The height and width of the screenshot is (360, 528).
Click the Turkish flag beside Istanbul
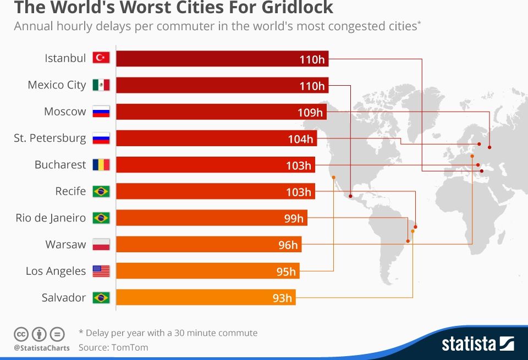(x=101, y=58)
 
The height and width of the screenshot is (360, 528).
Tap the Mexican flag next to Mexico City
(x=101, y=85)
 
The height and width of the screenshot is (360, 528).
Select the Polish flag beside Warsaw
(x=101, y=244)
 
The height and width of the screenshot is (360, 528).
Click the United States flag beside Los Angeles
(x=101, y=270)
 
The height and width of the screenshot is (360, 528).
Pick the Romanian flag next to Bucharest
(x=101, y=164)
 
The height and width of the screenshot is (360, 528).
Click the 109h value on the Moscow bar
(x=310, y=112)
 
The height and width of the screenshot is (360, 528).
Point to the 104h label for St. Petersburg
(x=300, y=139)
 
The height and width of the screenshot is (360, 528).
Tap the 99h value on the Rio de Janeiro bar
(x=294, y=218)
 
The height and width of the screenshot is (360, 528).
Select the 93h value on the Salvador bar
(x=282, y=298)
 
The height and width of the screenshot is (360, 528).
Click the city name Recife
(x=70, y=191)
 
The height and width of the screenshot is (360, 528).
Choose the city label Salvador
(x=64, y=297)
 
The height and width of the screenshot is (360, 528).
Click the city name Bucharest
(x=60, y=164)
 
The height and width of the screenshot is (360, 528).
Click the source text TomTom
(x=130, y=347)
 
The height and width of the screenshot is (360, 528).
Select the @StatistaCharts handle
(x=41, y=348)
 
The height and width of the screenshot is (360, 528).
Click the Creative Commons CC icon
(x=21, y=334)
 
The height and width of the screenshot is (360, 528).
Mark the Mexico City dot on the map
(x=350, y=195)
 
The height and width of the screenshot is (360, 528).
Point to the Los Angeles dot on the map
(x=333, y=177)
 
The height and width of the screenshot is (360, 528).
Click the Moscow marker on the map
(x=489, y=147)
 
